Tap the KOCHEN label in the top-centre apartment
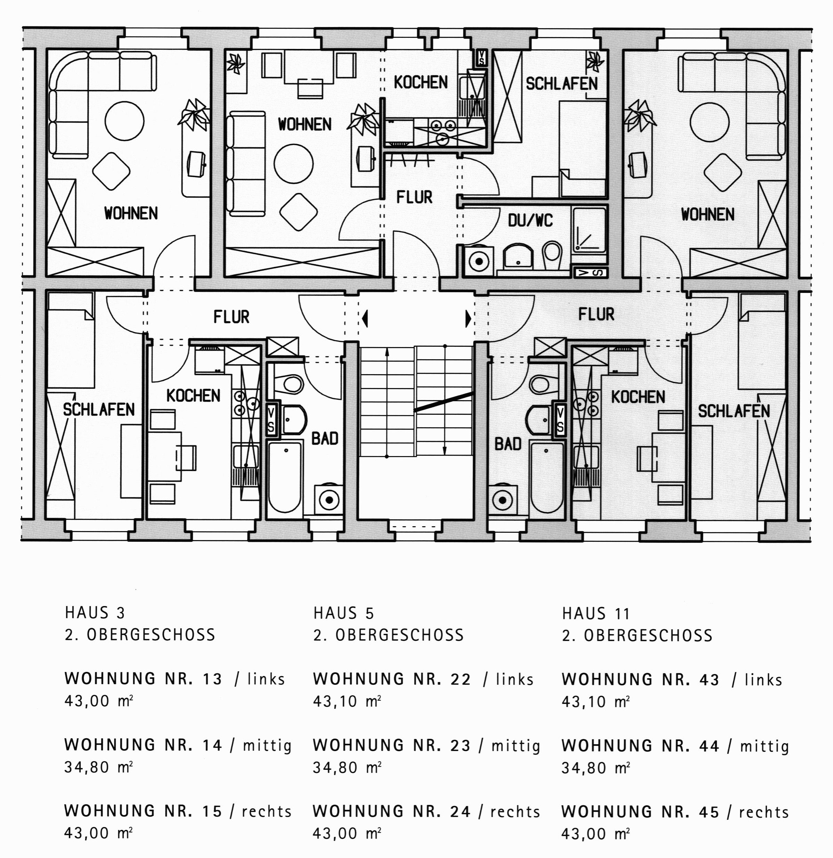pos(421,82)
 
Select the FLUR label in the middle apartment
pos(414,197)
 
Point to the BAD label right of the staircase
pos(508,444)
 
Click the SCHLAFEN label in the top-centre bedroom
pos(562,84)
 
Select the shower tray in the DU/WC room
pos(590,229)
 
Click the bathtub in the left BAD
pos(285,479)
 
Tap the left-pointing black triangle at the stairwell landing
pos(365,318)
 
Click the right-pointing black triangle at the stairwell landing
pos(468,318)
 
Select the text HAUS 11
pos(596,614)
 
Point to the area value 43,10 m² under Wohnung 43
pos(595,702)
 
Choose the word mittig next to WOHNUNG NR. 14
pos(267,746)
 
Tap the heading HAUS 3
pos(95,613)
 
